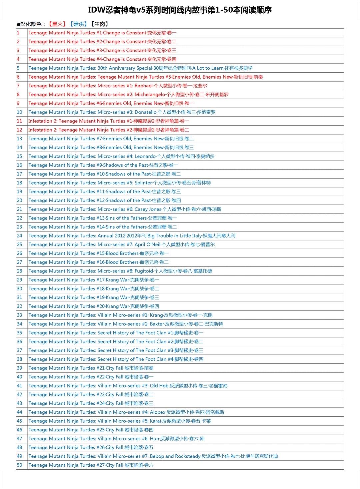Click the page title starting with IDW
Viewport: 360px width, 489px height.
click(180, 10)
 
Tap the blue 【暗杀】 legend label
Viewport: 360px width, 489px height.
click(78, 24)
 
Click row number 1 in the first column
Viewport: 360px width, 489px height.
click(18, 33)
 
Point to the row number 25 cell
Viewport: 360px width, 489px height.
click(20, 244)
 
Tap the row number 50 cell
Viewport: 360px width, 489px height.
click(20, 465)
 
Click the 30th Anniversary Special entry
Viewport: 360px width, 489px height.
click(140, 68)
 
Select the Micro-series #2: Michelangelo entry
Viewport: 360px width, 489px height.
click(128, 95)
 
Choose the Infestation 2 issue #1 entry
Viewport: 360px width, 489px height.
click(109, 121)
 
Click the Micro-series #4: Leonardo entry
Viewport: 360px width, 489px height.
click(121, 156)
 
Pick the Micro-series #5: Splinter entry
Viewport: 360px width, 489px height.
click(119, 183)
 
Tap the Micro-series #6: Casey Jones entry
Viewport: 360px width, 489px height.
click(125, 209)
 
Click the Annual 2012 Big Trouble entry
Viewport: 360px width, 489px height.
click(132, 236)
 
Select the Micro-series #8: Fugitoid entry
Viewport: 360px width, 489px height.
click(120, 271)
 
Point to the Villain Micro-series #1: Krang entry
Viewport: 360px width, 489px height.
click(120, 315)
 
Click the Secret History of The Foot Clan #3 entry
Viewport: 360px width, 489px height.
click(116, 350)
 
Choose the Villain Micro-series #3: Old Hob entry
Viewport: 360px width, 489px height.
click(128, 386)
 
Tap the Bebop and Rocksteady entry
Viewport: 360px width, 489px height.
click(153, 456)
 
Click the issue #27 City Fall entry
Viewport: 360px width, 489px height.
click(91, 465)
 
